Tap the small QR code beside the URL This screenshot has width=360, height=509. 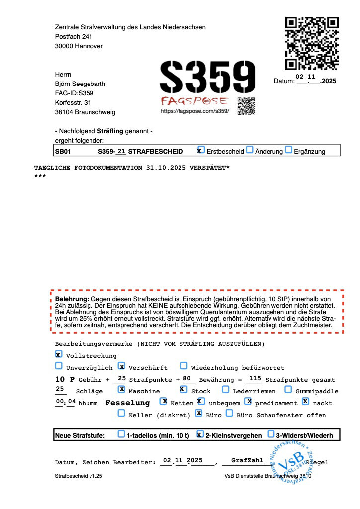click(x=246, y=106)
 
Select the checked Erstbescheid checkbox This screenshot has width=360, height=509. click(x=200, y=150)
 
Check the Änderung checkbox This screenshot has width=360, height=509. click(x=250, y=150)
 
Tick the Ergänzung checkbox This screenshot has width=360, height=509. click(x=288, y=150)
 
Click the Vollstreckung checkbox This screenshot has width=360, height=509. click(x=59, y=355)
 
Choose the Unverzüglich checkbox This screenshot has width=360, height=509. click(x=59, y=366)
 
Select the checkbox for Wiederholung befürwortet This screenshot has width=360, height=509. click(x=184, y=366)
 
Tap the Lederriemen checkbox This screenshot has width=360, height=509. click(x=226, y=390)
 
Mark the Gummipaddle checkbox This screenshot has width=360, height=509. click(x=288, y=390)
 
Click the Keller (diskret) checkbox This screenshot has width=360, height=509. click(x=121, y=413)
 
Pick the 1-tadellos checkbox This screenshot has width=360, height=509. click(x=121, y=434)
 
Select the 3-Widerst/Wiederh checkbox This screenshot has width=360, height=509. click(x=271, y=434)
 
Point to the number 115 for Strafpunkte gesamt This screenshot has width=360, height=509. click(x=254, y=379)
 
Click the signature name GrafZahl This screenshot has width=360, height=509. click(x=247, y=461)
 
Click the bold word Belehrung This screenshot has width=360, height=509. click(x=72, y=299)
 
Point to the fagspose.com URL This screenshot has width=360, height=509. click(x=194, y=112)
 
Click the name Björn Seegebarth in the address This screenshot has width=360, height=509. click(x=80, y=84)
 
